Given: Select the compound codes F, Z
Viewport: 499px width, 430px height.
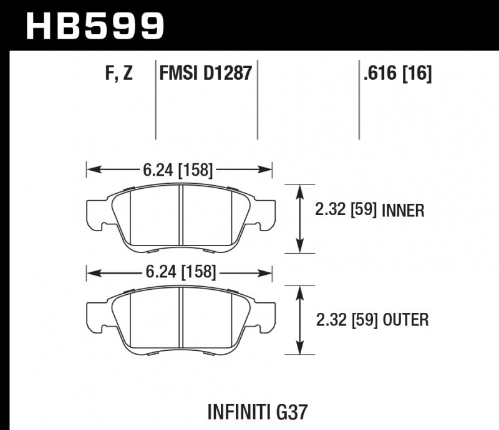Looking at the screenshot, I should point(119,74).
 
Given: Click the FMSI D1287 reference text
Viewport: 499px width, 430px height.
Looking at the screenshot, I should point(206,74).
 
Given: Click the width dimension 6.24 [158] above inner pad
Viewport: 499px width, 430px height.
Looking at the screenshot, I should point(179,170).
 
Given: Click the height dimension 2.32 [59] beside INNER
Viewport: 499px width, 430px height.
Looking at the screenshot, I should point(345,211).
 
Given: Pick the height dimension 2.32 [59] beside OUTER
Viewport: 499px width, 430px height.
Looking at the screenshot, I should point(345,320).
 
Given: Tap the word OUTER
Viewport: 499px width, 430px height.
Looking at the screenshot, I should point(404,320).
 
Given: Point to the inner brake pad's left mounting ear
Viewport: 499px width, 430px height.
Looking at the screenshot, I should point(95,211).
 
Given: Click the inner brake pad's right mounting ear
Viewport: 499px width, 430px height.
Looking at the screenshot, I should point(264,211).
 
